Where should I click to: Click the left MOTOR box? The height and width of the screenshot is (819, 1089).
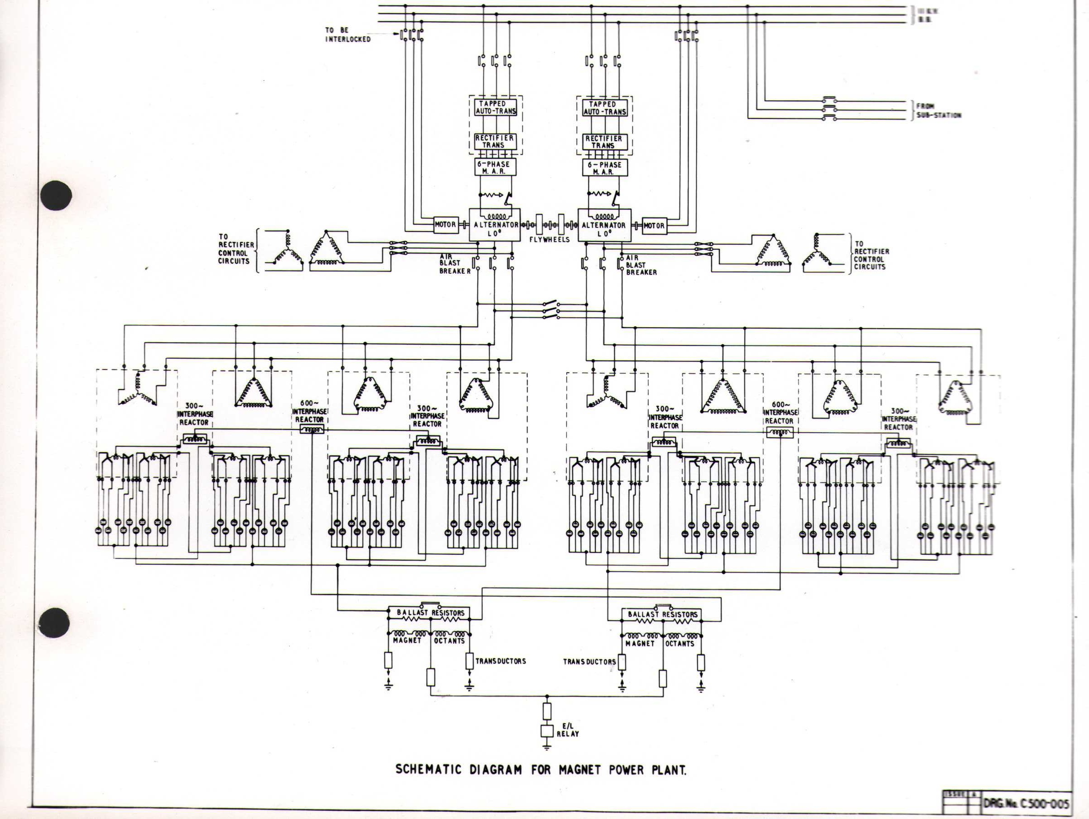pos(445,225)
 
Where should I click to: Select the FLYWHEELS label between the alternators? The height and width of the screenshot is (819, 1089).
pos(549,239)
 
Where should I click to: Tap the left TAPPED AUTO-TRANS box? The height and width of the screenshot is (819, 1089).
pos(495,108)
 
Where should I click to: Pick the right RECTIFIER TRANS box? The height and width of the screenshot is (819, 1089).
pos(604,142)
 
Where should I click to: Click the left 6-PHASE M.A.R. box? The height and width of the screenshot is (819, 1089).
pos(495,168)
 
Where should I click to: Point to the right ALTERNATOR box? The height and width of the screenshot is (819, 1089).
pos(604,226)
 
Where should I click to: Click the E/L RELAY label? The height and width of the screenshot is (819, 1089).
pos(567,730)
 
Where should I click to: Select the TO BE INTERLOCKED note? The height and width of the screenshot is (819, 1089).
pos(347,35)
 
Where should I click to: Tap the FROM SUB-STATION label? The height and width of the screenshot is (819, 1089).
pos(938,111)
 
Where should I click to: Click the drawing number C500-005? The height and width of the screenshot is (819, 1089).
pos(1027,804)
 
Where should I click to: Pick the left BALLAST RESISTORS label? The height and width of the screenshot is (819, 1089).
pos(430,613)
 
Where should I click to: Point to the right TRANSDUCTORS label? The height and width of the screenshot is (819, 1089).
pos(589,662)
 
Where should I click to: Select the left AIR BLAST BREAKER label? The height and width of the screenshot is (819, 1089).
pos(455,264)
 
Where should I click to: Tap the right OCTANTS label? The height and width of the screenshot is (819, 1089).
pos(679,643)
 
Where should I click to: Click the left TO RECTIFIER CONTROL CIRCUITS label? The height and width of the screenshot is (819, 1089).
pos(236,249)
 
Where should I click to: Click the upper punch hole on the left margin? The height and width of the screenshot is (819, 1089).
pos(56,195)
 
